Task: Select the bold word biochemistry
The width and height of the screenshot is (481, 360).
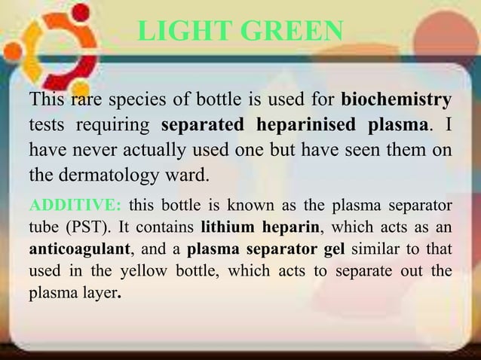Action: pos(397,99)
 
